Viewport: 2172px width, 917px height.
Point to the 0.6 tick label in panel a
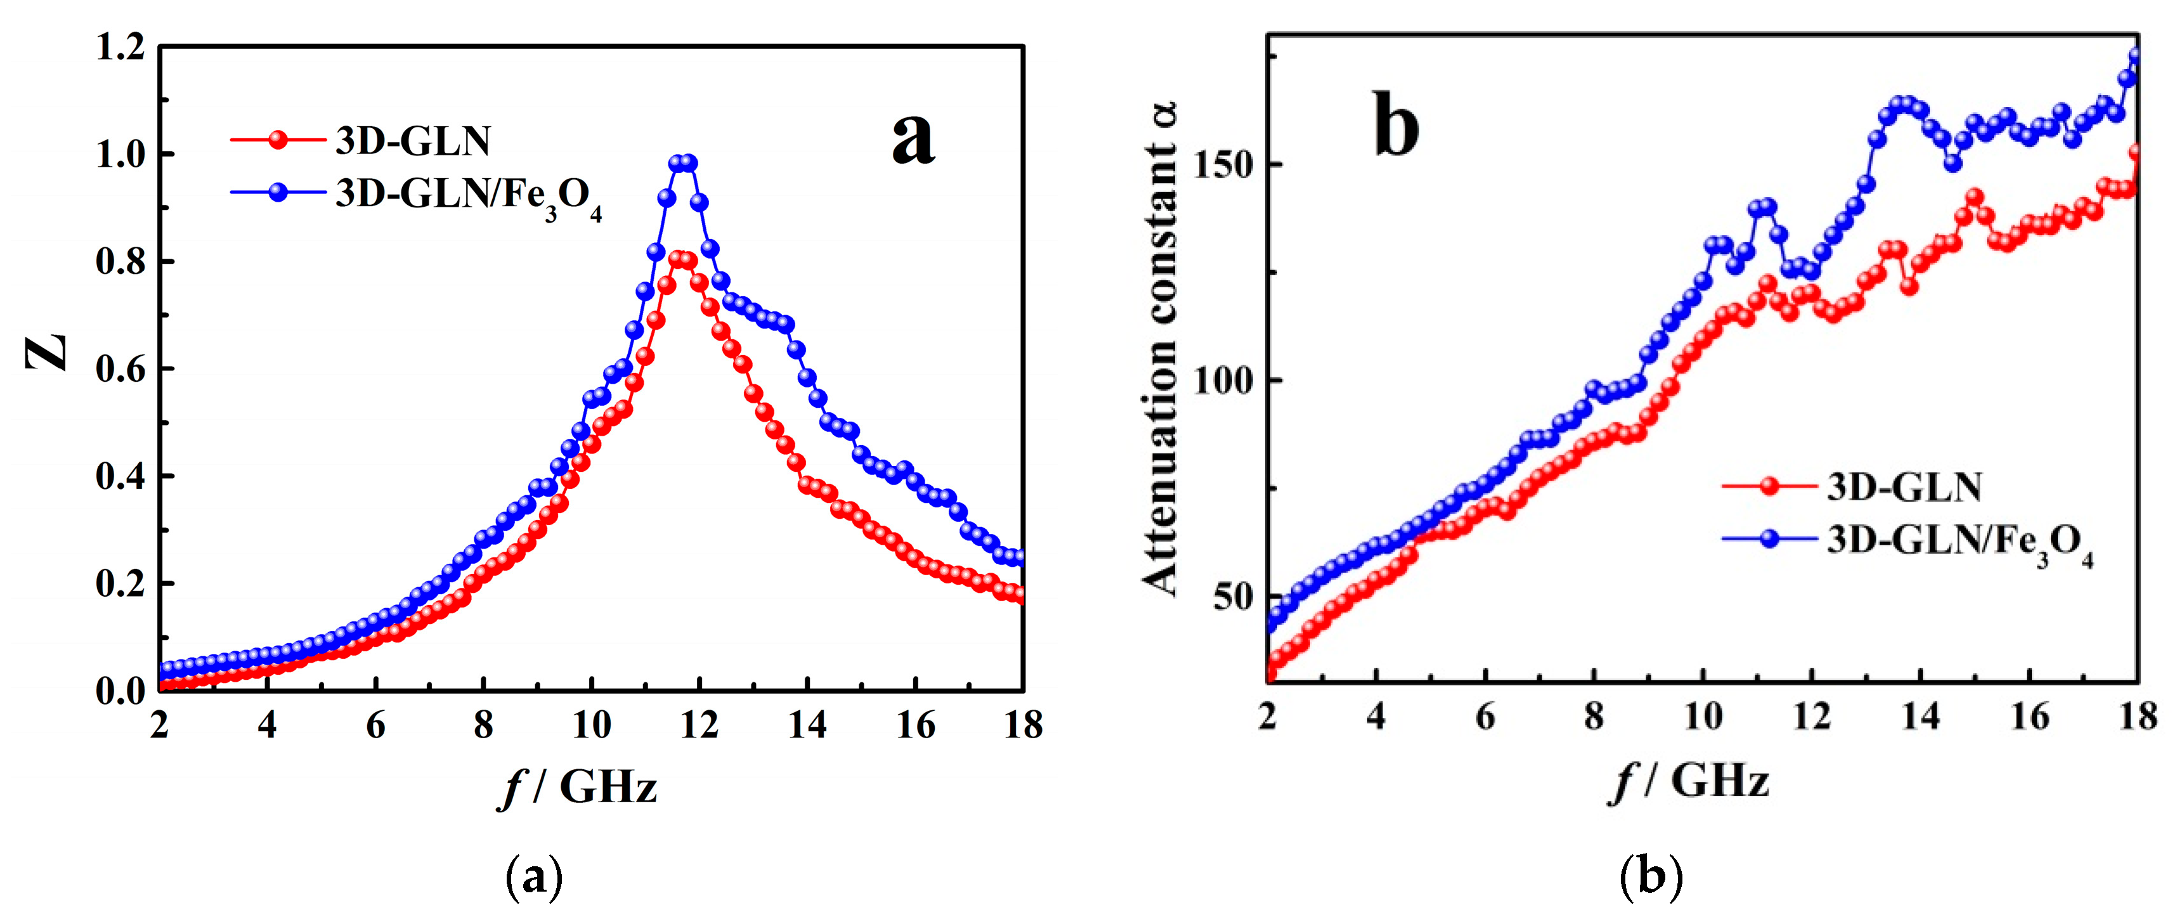click(x=120, y=369)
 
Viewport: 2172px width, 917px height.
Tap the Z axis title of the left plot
click(x=46, y=353)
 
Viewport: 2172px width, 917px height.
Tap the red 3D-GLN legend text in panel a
click(x=412, y=141)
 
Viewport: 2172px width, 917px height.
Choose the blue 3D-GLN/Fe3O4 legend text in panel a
click(x=468, y=195)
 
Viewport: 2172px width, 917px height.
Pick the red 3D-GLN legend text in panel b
click(x=1904, y=487)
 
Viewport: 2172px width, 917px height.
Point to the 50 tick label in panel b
click(x=1233, y=596)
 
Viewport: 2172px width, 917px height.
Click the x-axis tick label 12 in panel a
click(x=699, y=725)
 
